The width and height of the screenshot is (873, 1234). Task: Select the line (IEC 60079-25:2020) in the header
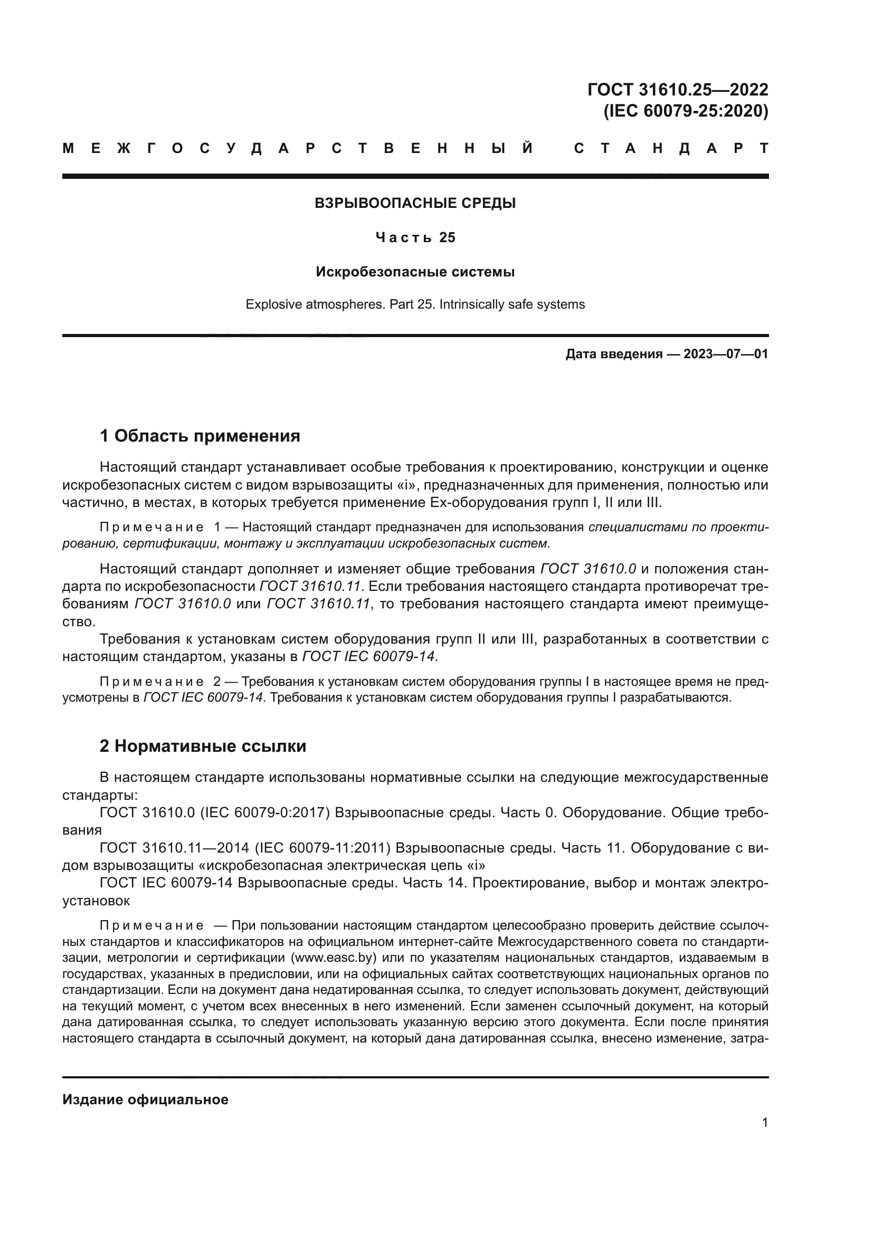pos(686,111)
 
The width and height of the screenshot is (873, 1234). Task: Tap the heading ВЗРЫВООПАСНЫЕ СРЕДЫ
pos(415,203)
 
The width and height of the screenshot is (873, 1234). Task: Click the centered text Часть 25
pos(415,237)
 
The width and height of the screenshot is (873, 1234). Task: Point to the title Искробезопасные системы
pos(415,272)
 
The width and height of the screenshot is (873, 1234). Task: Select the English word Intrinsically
pos(475,305)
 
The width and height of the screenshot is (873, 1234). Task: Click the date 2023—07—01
pos(726,354)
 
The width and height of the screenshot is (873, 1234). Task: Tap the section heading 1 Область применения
pos(200,436)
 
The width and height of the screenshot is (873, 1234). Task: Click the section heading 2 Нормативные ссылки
pos(203,747)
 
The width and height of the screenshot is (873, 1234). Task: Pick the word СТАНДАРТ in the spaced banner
pos(671,148)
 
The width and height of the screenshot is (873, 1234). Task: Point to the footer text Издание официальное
pos(145,1099)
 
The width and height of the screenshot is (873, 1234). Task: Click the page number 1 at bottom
pos(765,1122)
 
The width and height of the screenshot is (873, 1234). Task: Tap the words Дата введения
pos(613,354)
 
